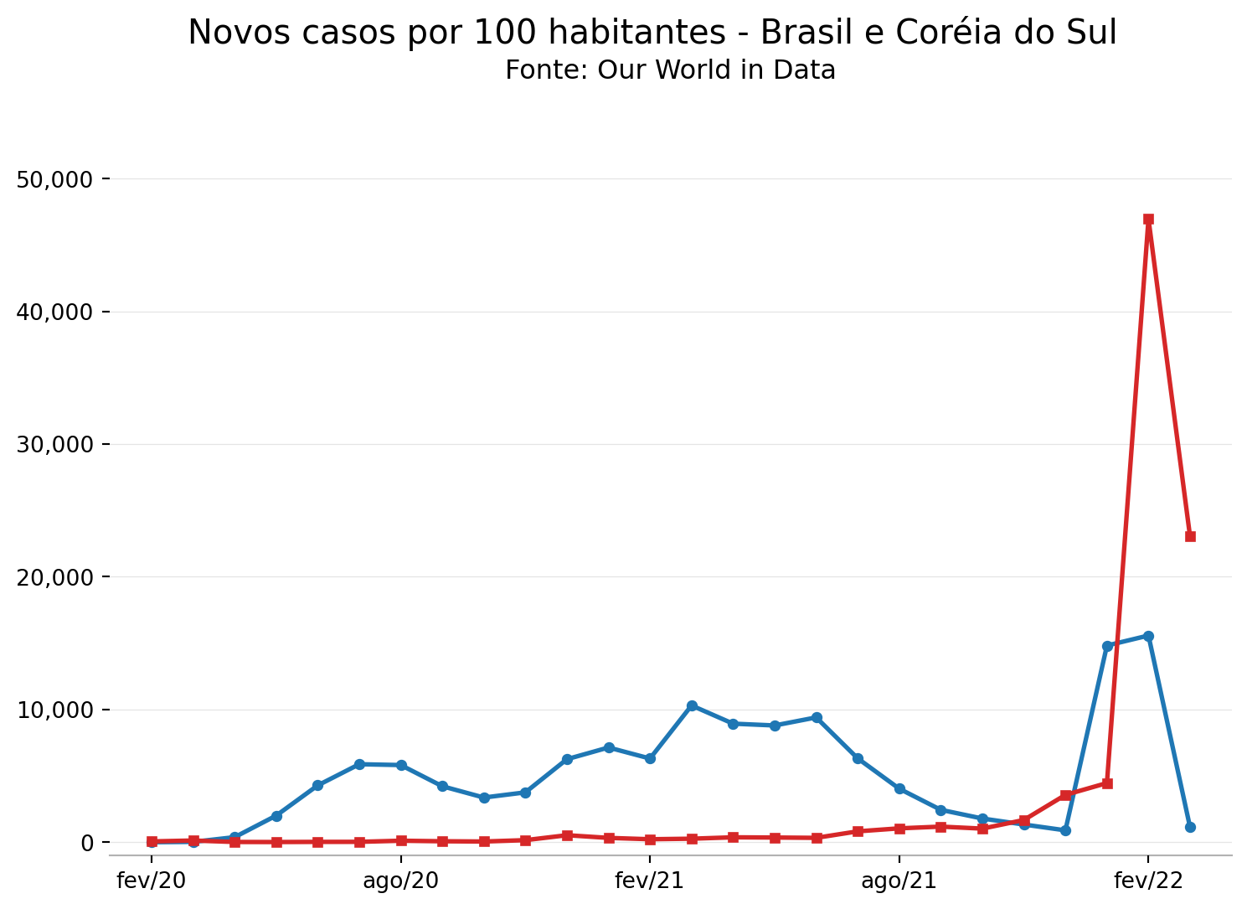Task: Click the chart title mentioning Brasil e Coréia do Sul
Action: pyautogui.click(x=652, y=33)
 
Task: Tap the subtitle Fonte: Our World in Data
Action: pyautogui.click(x=670, y=70)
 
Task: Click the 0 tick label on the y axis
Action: pyautogui.click(x=86, y=842)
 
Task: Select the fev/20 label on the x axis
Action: pyautogui.click(x=152, y=881)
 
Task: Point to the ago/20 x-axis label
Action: pyautogui.click(x=400, y=881)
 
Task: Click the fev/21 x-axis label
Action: pyautogui.click(x=649, y=881)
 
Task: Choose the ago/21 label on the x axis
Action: pyautogui.click(x=899, y=881)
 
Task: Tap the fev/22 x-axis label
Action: pyautogui.click(x=1147, y=881)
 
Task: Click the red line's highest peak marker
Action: pyautogui.click(x=1148, y=220)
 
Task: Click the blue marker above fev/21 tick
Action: pyautogui.click(x=650, y=758)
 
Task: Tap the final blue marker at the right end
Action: pyautogui.click(x=1190, y=827)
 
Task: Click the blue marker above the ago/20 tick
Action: pyautogui.click(x=401, y=765)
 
